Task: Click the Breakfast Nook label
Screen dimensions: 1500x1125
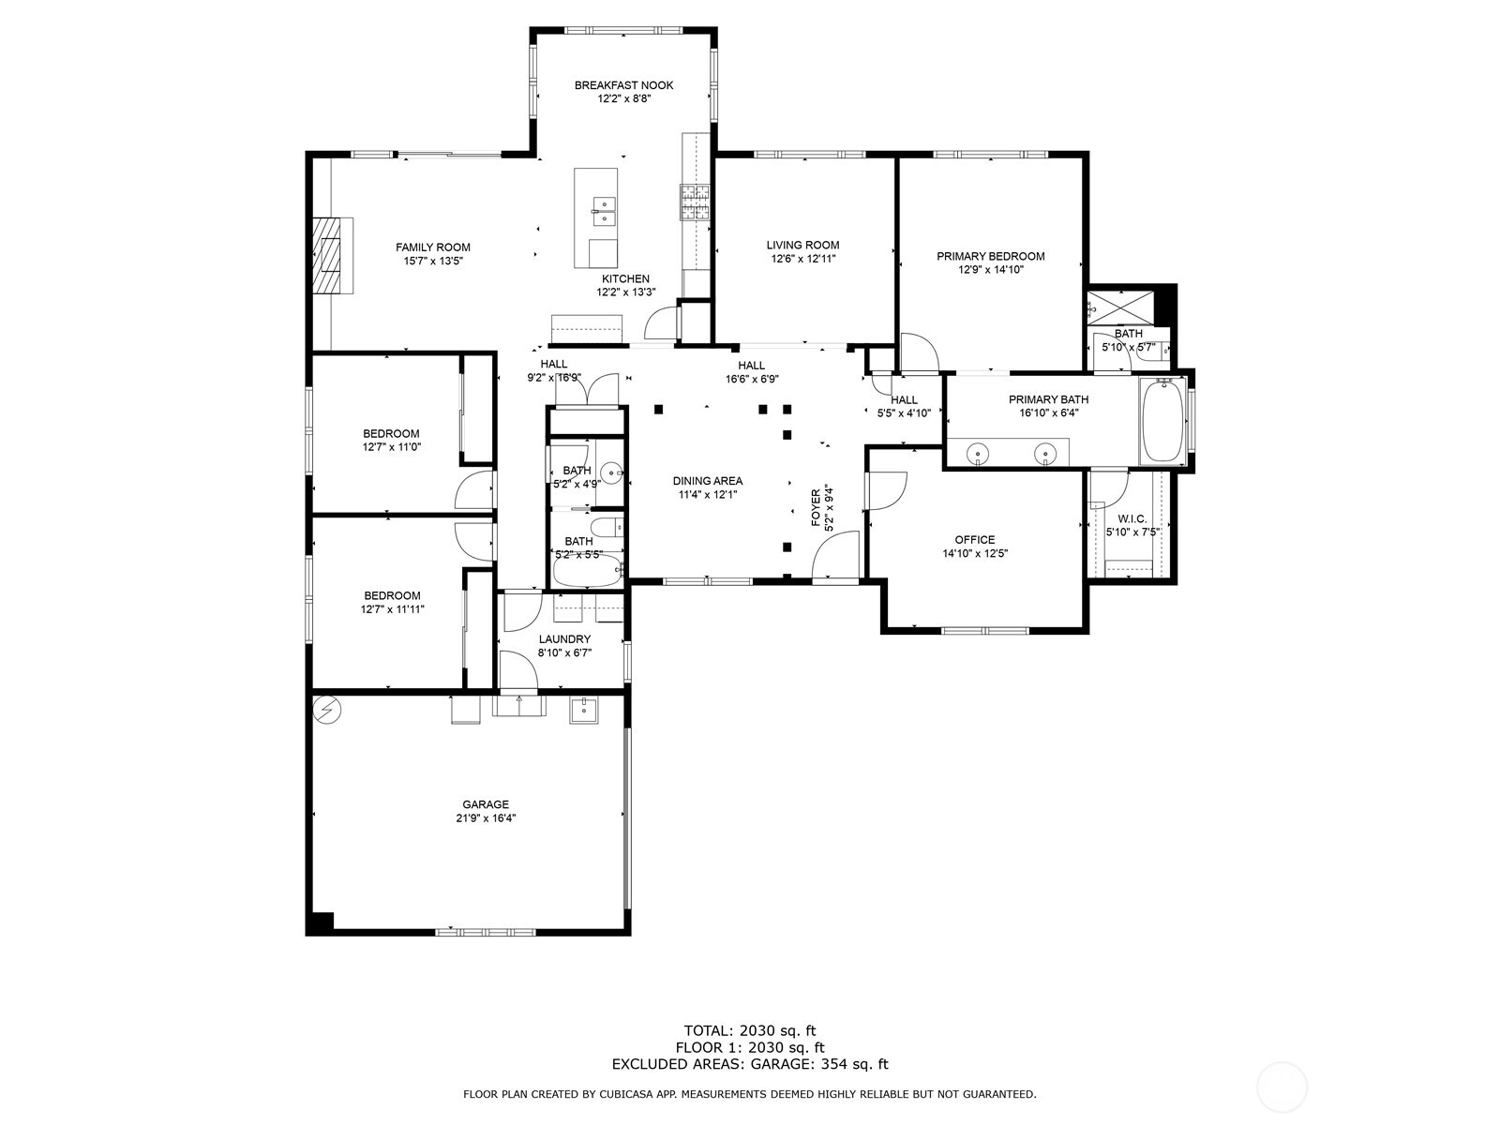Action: [623, 85]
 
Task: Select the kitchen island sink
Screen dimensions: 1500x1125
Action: [604, 211]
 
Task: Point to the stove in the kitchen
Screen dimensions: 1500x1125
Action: [695, 202]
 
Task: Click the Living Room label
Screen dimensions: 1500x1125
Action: [802, 246]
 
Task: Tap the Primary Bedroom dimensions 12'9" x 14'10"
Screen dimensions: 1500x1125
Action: [990, 270]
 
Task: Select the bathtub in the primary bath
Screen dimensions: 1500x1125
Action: [1162, 422]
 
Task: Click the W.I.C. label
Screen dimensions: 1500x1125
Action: [1132, 519]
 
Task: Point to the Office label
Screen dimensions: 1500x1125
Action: [974, 540]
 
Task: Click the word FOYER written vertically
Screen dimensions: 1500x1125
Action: [816, 507]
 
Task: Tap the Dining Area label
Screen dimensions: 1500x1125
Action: [707, 481]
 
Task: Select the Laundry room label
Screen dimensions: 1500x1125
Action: [564, 639]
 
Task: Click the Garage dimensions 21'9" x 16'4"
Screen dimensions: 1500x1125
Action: [486, 817]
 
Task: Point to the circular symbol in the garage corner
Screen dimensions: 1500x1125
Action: [326, 711]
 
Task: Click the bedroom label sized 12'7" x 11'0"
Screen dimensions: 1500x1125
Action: [391, 434]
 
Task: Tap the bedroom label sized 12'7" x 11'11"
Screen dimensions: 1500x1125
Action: [392, 595]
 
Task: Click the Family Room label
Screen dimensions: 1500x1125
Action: [432, 247]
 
